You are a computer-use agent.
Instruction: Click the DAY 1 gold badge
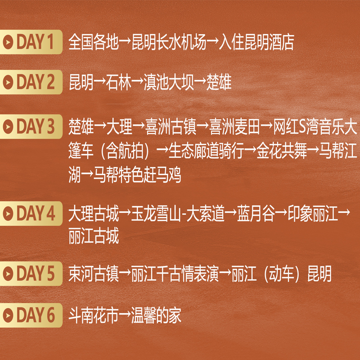[x=31, y=42]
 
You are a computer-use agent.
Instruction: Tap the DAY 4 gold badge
[x=31, y=213]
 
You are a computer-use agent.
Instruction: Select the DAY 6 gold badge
[x=31, y=315]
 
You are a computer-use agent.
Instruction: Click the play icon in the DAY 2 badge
[x=8, y=82]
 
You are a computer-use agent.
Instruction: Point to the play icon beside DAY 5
[x=8, y=274]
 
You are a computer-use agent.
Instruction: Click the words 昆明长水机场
[x=169, y=42]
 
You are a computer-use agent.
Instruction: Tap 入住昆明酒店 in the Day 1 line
[x=256, y=42]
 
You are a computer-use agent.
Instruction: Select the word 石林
[x=118, y=82]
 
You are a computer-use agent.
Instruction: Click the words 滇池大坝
[x=169, y=82]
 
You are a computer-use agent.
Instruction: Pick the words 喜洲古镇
[x=171, y=126]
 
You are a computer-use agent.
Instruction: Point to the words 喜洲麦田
[x=234, y=126]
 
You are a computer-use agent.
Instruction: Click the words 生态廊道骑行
[x=206, y=151]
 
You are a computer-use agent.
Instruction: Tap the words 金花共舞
[x=282, y=151]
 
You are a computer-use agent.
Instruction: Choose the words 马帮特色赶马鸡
[x=137, y=175]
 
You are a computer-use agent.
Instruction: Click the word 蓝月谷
[x=256, y=214]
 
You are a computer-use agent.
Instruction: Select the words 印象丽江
[x=313, y=214]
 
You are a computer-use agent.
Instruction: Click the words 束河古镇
[x=94, y=274]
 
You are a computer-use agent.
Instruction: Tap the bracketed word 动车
[x=282, y=274]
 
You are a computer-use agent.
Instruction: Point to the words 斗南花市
[x=94, y=315]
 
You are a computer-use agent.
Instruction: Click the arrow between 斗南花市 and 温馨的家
[x=125, y=315]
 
